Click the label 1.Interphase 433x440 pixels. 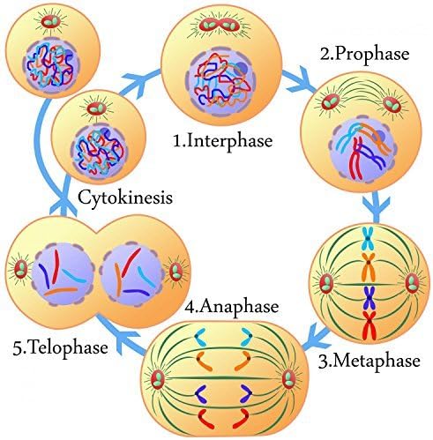click(222, 141)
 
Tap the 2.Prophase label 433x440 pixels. click(365, 55)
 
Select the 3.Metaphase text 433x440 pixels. click(370, 362)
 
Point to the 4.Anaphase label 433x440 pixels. click(232, 307)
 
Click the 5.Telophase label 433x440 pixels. click(60, 347)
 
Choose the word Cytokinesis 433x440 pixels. click(125, 198)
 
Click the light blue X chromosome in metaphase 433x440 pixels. click(368, 238)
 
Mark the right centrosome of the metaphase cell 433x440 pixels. click(411, 283)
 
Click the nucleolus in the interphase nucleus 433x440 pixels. click(241, 70)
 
